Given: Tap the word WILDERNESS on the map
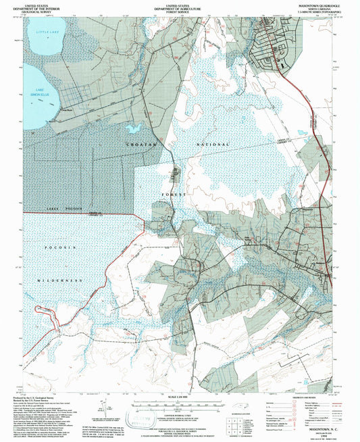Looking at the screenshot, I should pyautogui.click(x=59, y=280).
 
